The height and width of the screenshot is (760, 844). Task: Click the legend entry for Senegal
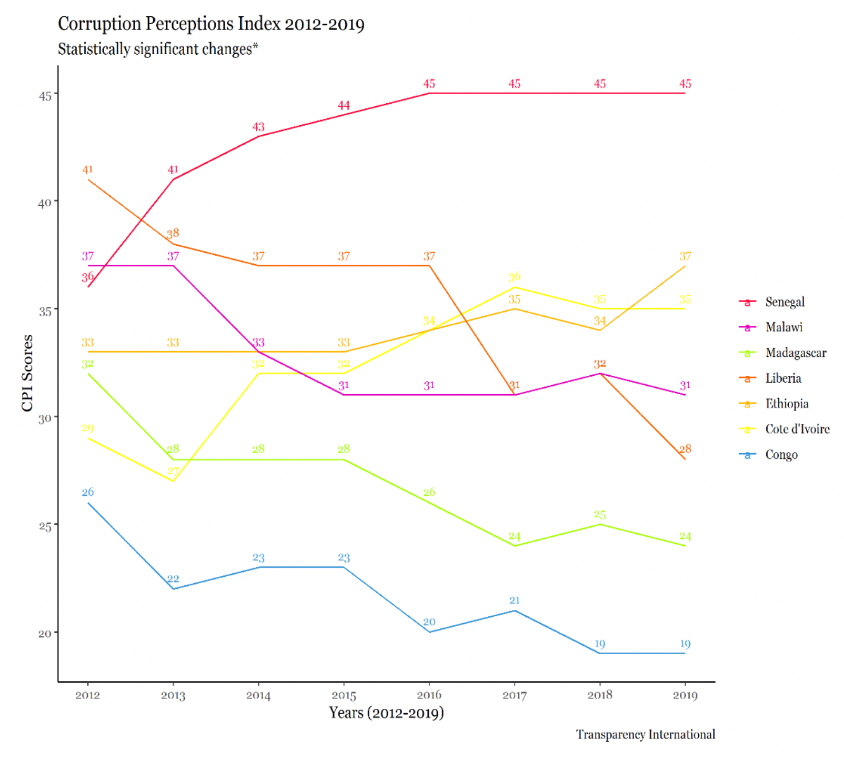tap(784, 302)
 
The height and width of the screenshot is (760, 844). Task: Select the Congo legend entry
tap(781, 455)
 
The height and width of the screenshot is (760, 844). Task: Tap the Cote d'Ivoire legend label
tap(797, 429)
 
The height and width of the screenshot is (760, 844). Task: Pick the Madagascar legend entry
tap(795, 353)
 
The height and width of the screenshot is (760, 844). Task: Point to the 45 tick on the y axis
tap(45, 96)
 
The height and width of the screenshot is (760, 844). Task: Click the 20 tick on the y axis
tap(45, 633)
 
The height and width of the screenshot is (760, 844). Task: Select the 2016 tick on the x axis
tap(429, 695)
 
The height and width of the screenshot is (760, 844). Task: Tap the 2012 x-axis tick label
tap(87, 695)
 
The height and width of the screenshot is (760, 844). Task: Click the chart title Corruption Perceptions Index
tap(211, 24)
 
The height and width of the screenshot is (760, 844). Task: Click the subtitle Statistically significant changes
tap(158, 49)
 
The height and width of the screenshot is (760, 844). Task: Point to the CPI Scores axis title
tap(27, 373)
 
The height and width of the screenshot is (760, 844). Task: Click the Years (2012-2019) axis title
tap(386, 713)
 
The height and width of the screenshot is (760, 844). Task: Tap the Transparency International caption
tap(645, 735)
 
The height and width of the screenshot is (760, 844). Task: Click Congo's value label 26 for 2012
tap(87, 492)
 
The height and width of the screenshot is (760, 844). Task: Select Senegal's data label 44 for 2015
tap(344, 106)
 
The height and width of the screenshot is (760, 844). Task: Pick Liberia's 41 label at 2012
tap(87, 169)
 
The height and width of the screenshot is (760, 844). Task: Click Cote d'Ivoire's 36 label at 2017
tap(514, 277)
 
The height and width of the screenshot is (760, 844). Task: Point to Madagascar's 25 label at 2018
tap(599, 515)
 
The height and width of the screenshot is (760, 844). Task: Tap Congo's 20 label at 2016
tap(429, 622)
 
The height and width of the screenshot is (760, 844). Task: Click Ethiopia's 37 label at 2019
tap(685, 256)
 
